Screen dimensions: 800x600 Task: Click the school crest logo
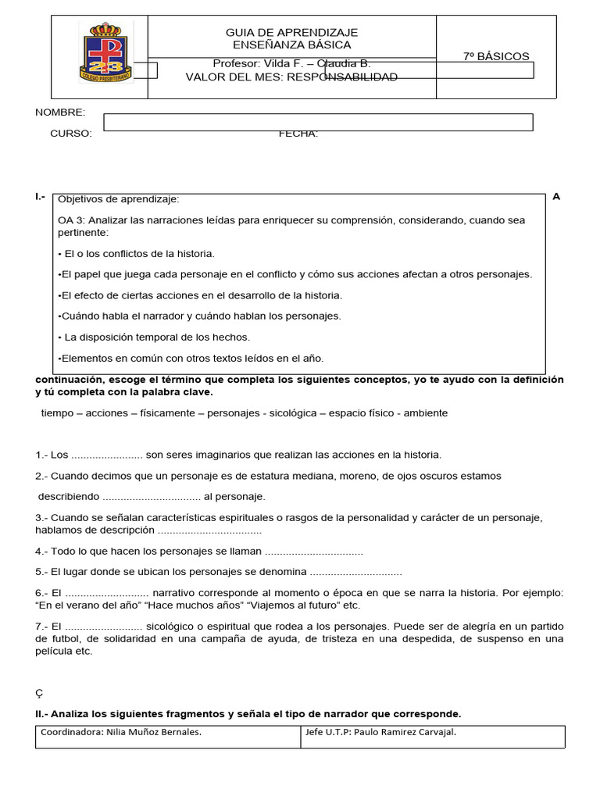[x=105, y=52]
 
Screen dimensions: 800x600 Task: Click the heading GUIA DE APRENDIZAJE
[x=291, y=32]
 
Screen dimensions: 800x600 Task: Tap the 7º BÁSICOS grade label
[x=496, y=56]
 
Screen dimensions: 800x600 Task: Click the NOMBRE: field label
[x=60, y=112]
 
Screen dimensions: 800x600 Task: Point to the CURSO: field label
[x=71, y=133]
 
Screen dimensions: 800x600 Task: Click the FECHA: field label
[x=298, y=133]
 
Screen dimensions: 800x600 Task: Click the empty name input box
[x=318, y=122]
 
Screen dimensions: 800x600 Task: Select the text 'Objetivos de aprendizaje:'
[x=120, y=199]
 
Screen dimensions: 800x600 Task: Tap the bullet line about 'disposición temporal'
[x=154, y=337]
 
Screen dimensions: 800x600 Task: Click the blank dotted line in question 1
[x=106, y=455]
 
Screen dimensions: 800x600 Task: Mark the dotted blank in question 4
[x=313, y=552]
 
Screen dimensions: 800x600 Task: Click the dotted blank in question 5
[x=355, y=572]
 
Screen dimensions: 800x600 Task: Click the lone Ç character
[x=39, y=693]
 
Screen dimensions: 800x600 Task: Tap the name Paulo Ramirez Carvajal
[x=405, y=732]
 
